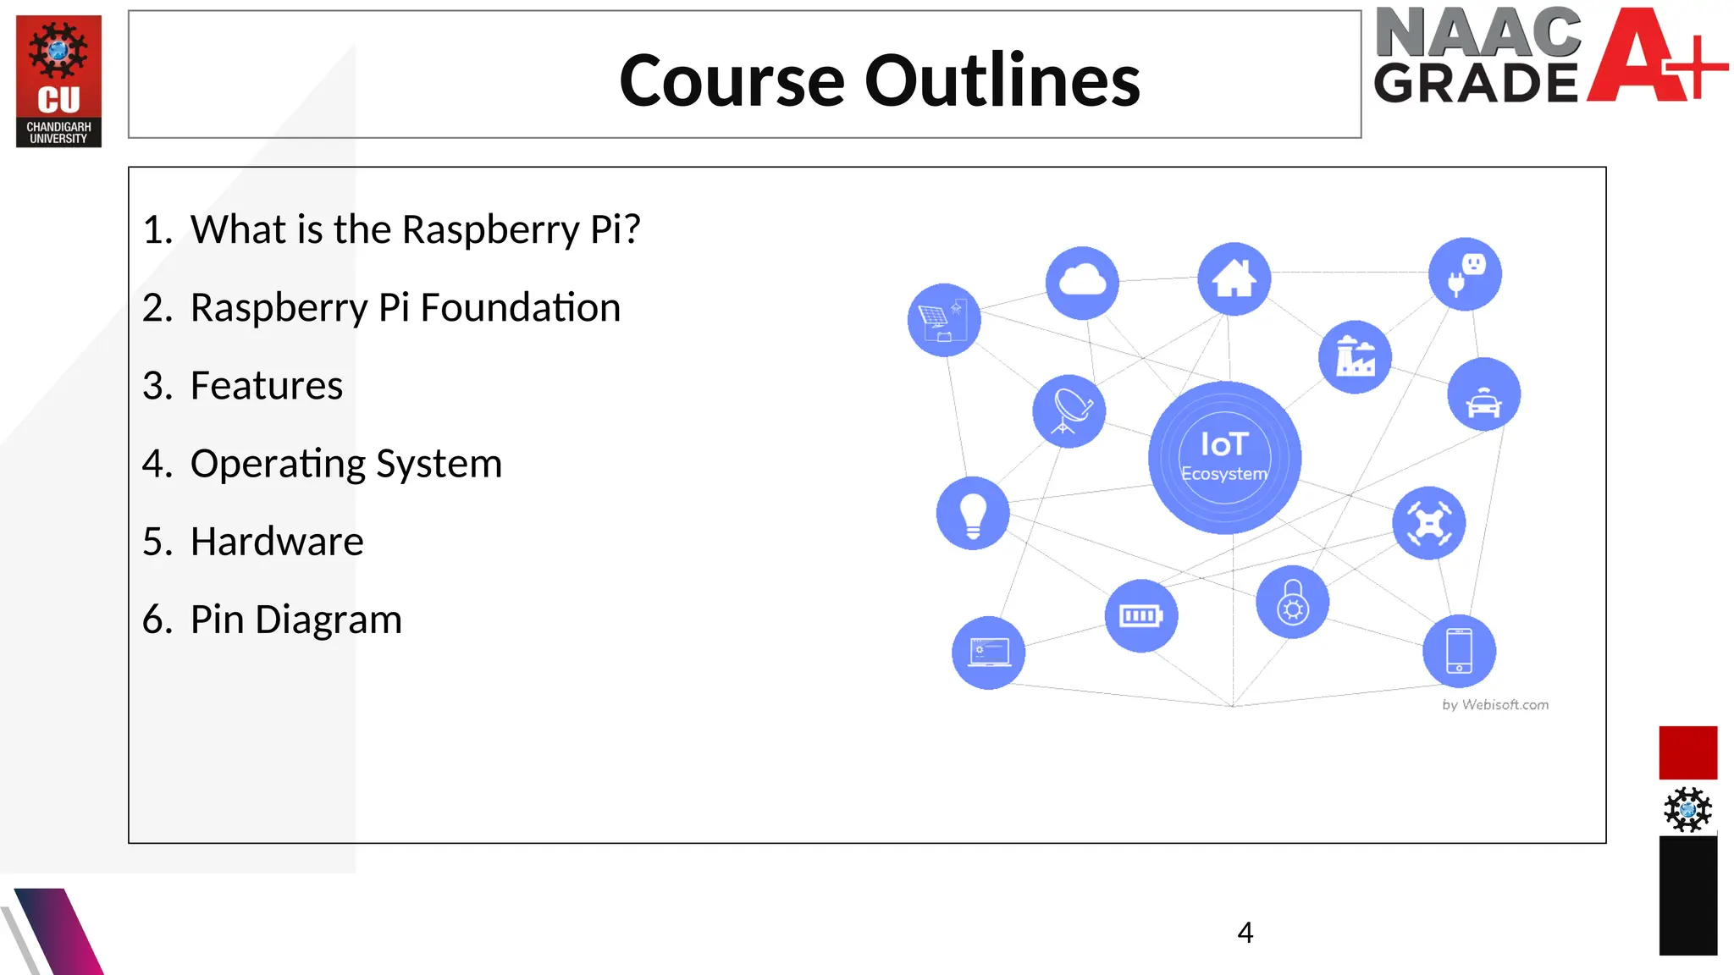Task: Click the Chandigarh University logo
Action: (x=58, y=81)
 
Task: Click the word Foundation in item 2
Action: (x=520, y=308)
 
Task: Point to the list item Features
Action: (x=266, y=386)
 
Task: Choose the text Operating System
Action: (x=345, y=464)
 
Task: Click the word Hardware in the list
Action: (x=277, y=542)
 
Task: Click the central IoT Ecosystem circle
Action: (x=1224, y=458)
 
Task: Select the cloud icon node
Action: (x=1082, y=283)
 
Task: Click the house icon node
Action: (x=1234, y=278)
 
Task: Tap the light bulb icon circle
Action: (x=973, y=514)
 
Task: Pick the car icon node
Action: (x=1483, y=394)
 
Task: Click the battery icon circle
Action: (x=1140, y=616)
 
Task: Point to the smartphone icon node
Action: (x=1459, y=651)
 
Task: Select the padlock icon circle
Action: (x=1292, y=602)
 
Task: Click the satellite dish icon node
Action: (x=1069, y=411)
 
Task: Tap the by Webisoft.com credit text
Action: (x=1495, y=705)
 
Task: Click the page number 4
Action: (x=1245, y=933)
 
